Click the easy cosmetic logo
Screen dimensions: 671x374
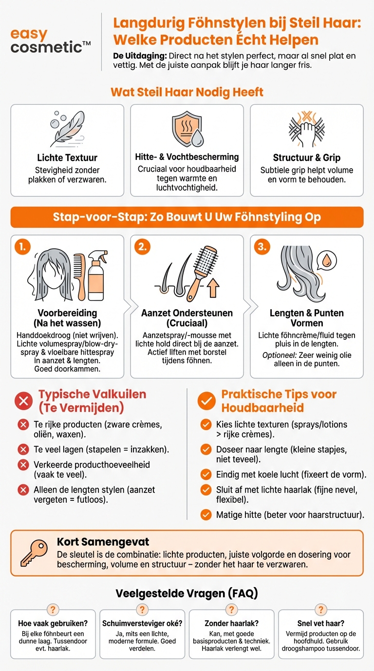[x=50, y=41]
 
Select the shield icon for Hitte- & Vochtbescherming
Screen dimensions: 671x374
[x=187, y=130]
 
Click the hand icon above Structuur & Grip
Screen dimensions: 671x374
[x=306, y=129]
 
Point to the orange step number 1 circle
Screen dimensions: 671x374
[x=22, y=247]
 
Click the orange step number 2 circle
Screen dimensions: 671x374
[x=142, y=247]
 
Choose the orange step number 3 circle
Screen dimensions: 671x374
[x=262, y=247]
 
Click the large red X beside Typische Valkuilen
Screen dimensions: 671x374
[x=23, y=401]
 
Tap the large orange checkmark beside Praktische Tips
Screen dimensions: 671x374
[x=206, y=401]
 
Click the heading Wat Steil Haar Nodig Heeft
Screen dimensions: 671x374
[x=187, y=92]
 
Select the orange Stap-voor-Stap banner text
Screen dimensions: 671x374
[x=187, y=217]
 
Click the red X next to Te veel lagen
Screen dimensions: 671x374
[x=23, y=449]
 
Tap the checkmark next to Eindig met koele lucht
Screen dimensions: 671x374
[x=206, y=474]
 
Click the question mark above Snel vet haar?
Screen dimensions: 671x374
[x=321, y=610]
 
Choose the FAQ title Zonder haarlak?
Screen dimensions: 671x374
[x=231, y=623]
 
